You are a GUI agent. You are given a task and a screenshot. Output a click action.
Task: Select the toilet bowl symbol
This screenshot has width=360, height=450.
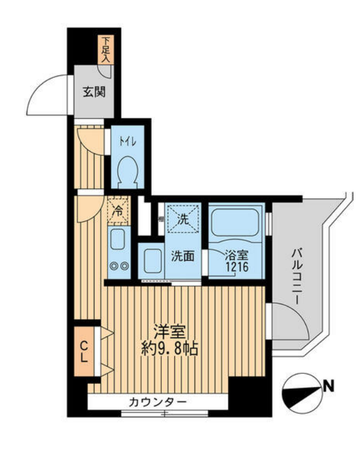[128, 170]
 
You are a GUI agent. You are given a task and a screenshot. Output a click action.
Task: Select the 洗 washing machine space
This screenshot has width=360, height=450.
[183, 218]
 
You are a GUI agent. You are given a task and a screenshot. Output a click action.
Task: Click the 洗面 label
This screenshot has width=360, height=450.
[183, 257]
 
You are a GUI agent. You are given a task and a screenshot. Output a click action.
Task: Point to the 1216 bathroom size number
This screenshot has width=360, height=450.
[235, 268]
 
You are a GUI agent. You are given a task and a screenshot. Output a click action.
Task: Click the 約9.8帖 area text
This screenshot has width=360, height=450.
[169, 348]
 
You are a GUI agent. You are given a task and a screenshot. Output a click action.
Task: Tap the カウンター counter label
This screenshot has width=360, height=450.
[158, 402]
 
